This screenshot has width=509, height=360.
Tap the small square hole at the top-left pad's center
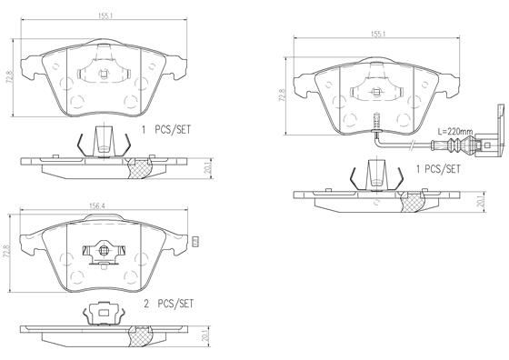coord(105,75)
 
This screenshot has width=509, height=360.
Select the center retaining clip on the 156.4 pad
coord(102,248)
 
